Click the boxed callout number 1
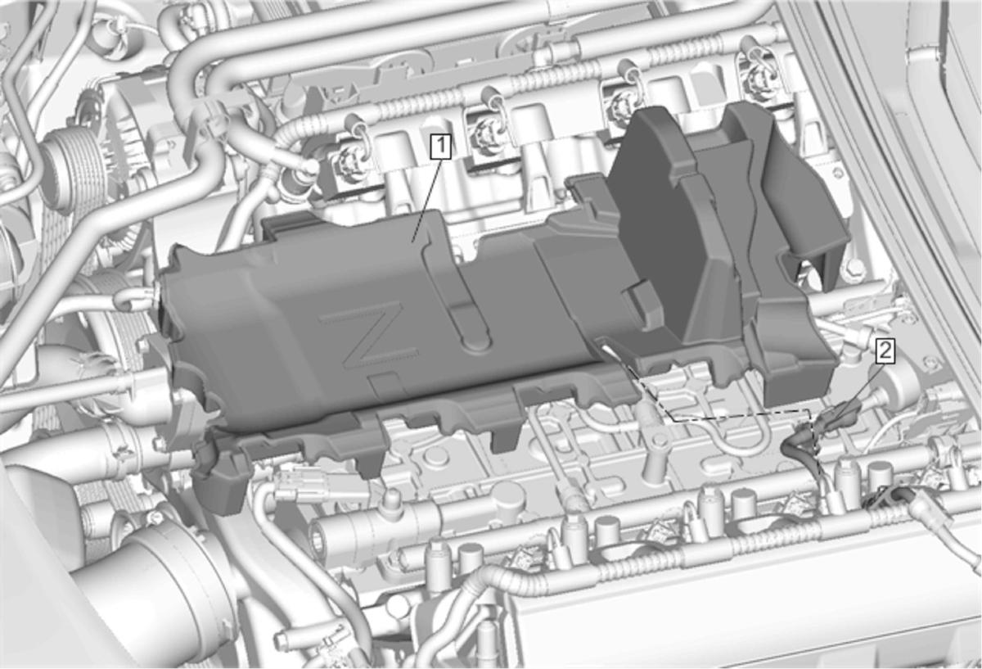(x=440, y=146)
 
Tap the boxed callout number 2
(x=885, y=351)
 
